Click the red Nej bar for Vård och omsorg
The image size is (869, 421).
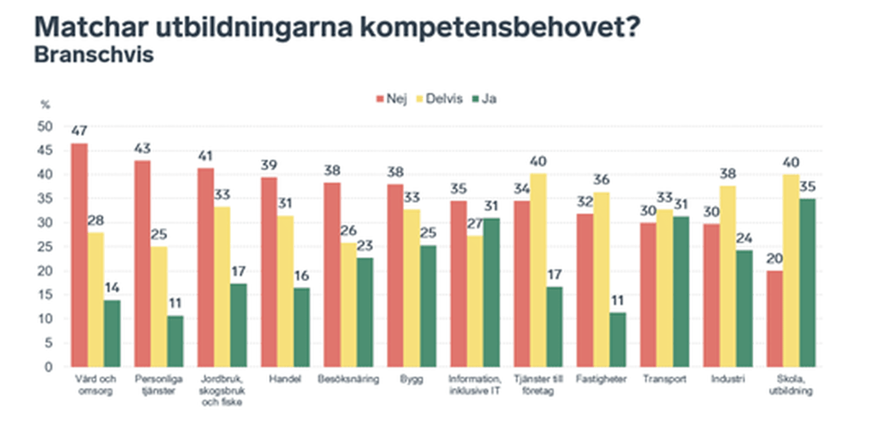pos(79,255)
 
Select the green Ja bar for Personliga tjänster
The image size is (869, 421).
pos(175,341)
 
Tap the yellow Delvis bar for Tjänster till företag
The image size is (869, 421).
pos(538,270)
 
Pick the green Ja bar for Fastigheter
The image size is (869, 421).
pos(618,339)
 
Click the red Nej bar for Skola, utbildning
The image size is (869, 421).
pos(774,318)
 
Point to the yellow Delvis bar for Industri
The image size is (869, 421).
pos(728,276)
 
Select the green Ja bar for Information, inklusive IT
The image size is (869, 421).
pos(492,292)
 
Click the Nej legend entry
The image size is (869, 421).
pos(392,99)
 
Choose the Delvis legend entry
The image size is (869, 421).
pos(439,99)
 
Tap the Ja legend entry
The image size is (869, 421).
pos(485,99)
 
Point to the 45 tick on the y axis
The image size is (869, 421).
pos(45,150)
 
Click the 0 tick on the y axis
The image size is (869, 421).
pos(48,367)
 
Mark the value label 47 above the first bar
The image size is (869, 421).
pos(79,131)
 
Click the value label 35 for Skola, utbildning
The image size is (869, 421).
pos(807,186)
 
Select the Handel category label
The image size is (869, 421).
pos(285,379)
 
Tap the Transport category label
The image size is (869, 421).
pos(664,379)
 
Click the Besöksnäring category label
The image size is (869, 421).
pos(348,379)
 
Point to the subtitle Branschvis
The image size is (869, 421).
pos(94,55)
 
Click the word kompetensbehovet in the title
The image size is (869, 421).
pos(500,27)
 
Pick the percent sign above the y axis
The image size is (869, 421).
pos(45,105)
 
